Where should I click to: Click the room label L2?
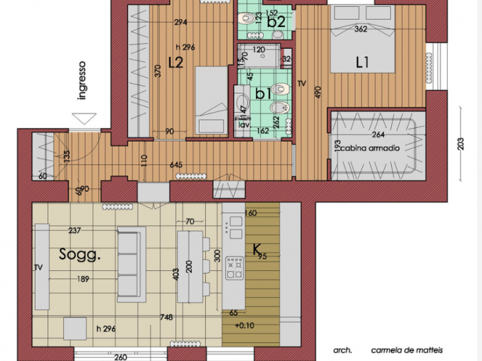pyautogui.click(x=175, y=63)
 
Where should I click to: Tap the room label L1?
pyautogui.click(x=362, y=63)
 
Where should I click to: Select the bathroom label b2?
pyautogui.click(x=276, y=22)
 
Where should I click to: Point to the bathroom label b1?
pyautogui.click(x=262, y=94)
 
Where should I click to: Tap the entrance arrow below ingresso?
pyautogui.click(x=83, y=118)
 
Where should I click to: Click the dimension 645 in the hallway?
pyautogui.click(x=176, y=165)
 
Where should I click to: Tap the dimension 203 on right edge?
pyautogui.click(x=460, y=145)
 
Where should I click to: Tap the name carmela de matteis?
pyautogui.click(x=406, y=349)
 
